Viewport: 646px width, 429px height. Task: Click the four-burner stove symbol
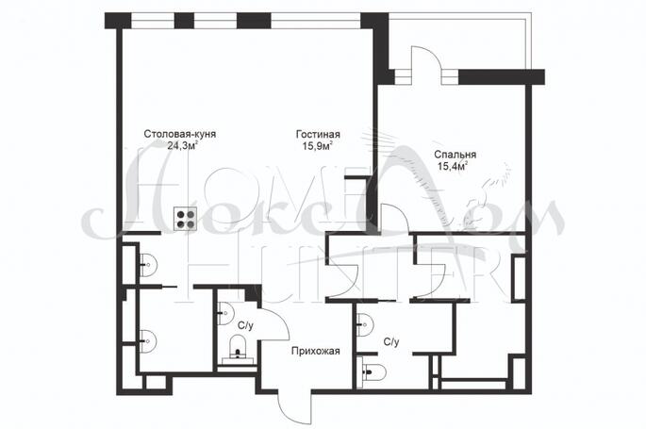click(185, 219)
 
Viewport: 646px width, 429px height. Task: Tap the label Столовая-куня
click(180, 134)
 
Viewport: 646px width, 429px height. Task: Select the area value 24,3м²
click(183, 145)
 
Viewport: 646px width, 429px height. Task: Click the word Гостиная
click(318, 135)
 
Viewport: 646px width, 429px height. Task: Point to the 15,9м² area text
click(318, 146)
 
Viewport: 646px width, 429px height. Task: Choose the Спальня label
click(456, 155)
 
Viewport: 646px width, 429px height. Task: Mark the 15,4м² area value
click(453, 166)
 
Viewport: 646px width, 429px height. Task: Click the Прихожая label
click(316, 351)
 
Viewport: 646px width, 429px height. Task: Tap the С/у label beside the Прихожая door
click(245, 325)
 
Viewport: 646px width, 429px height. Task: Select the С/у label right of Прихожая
click(391, 341)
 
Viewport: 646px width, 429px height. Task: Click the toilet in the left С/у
click(238, 348)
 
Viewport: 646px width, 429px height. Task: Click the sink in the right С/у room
click(365, 324)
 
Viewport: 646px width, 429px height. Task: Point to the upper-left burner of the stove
click(180, 214)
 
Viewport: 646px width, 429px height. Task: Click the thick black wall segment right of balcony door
click(502, 77)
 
